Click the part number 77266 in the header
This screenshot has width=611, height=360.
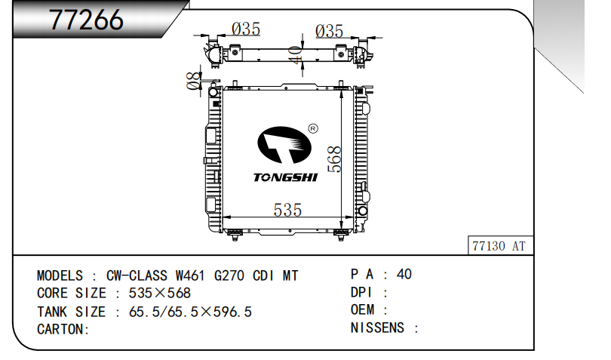[x=86, y=20]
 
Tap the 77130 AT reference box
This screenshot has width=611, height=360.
[x=500, y=246]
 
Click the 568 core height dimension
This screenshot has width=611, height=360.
[x=334, y=159]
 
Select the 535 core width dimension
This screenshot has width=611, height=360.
[x=287, y=210]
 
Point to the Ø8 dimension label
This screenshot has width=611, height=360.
[x=194, y=81]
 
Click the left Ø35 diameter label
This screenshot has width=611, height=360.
[x=246, y=29]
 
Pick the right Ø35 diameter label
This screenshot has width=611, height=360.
[x=330, y=31]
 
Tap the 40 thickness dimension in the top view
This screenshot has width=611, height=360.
[x=296, y=54]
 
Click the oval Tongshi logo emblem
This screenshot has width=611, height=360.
[x=284, y=145]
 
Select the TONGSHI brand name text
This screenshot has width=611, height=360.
[x=286, y=177]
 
